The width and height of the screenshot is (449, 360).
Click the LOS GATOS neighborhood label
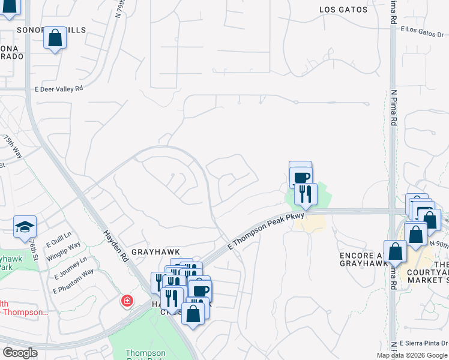coord(342,10)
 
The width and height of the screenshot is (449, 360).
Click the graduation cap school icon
coord(25,227)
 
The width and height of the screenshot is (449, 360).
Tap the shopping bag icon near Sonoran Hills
coord(55,38)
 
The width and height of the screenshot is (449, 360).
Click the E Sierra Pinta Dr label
coord(423,343)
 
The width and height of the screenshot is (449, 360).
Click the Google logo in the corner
coord(20,353)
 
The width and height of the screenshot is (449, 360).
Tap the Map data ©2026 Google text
coord(412,355)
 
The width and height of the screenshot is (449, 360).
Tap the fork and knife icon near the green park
coord(306,194)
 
